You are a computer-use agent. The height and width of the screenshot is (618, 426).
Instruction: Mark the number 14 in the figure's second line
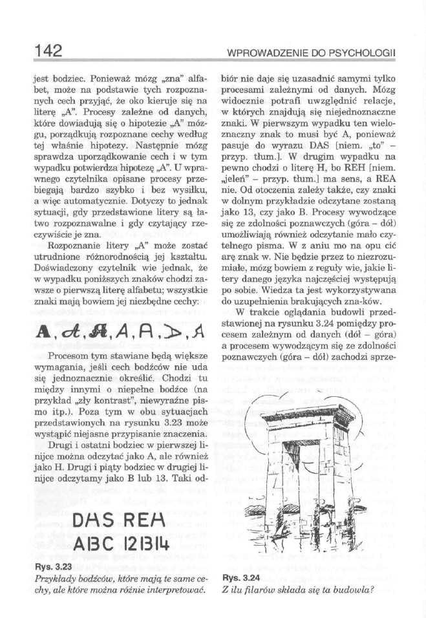point(167,542)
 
